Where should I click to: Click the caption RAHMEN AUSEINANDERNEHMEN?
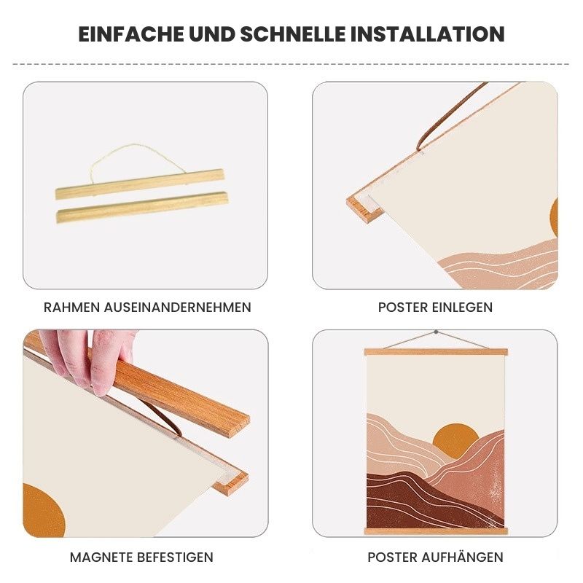pos(147,308)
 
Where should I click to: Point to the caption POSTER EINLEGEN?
pos(435,308)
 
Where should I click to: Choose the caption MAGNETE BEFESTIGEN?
pos(141,557)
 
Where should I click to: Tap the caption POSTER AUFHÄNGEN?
pos(435,557)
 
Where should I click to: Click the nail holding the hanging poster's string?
pos(436,333)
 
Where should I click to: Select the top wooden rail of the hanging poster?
pos(436,352)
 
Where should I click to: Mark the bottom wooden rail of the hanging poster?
pos(436,531)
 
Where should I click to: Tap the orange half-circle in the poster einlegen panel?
pos(552,217)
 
